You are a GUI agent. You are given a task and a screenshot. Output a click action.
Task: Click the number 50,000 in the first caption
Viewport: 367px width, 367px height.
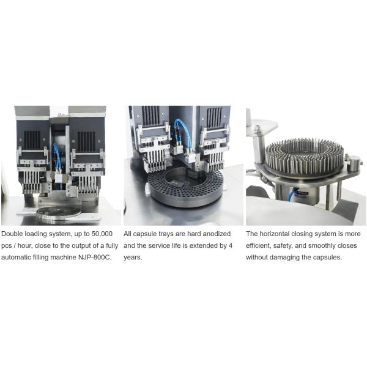click(x=102, y=234)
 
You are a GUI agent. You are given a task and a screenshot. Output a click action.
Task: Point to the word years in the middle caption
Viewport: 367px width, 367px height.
click(x=133, y=258)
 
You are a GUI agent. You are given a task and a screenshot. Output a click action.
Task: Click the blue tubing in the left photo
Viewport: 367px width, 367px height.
click(x=56, y=155)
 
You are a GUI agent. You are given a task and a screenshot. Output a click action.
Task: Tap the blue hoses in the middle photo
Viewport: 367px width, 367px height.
click(x=182, y=133)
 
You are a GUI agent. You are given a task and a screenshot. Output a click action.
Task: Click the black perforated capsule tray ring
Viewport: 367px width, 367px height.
click(x=185, y=187)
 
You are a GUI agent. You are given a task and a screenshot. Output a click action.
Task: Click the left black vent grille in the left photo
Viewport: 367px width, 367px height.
click(x=32, y=140)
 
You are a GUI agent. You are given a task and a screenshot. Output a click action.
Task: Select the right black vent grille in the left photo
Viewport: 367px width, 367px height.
click(x=86, y=141)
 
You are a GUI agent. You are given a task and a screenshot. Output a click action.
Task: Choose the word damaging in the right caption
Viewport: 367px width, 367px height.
click(x=284, y=258)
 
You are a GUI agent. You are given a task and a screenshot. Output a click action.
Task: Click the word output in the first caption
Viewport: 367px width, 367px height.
click(x=82, y=246)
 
